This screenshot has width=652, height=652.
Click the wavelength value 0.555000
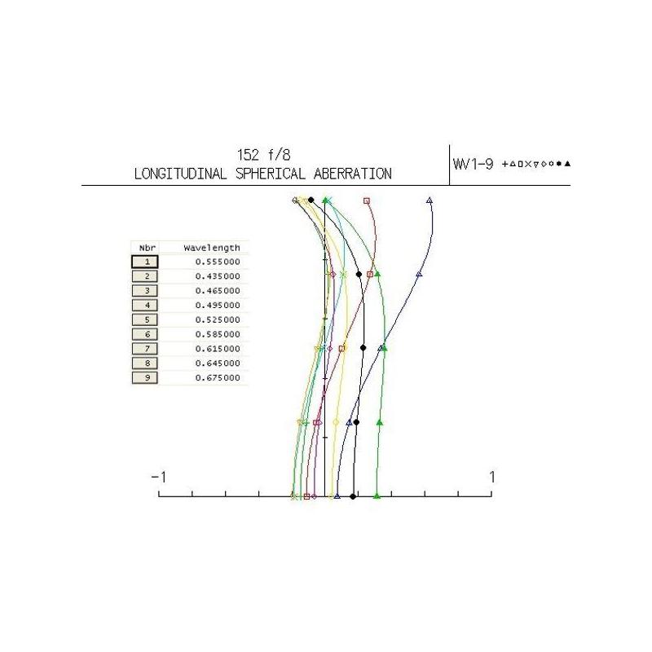click(218, 262)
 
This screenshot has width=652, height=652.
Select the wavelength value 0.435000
click(218, 276)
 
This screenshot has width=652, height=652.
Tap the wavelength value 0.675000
click(218, 378)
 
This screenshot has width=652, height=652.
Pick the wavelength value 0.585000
click(218, 334)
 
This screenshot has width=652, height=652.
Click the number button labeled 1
click(145, 262)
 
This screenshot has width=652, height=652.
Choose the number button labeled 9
click(145, 378)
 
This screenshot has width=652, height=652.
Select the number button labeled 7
click(145, 349)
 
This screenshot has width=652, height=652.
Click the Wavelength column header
click(212, 248)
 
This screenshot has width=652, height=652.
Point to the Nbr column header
click(148, 248)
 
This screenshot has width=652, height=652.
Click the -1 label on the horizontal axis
click(158, 477)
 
